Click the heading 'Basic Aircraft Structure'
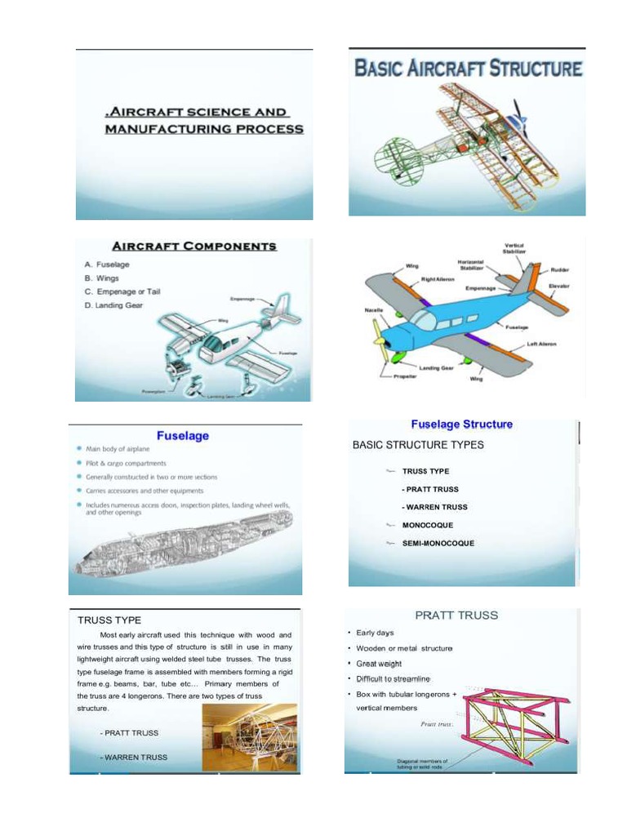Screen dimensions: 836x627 coord(468,68)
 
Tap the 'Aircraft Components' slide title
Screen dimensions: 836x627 coord(194,246)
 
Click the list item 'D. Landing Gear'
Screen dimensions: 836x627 coord(119,305)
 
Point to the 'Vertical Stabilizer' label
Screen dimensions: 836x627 coord(514,248)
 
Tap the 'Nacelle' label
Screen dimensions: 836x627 coord(373,311)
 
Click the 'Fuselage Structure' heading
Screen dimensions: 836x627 coord(461,425)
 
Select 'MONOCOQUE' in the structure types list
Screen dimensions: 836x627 coord(427,525)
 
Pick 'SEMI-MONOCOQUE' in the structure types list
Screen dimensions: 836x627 coord(438,543)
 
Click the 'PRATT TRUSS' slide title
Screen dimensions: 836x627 coord(456,616)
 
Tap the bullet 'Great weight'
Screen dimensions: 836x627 coord(379,664)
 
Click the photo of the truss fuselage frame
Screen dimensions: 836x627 coord(249,737)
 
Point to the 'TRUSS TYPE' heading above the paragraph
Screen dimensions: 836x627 coord(109,620)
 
